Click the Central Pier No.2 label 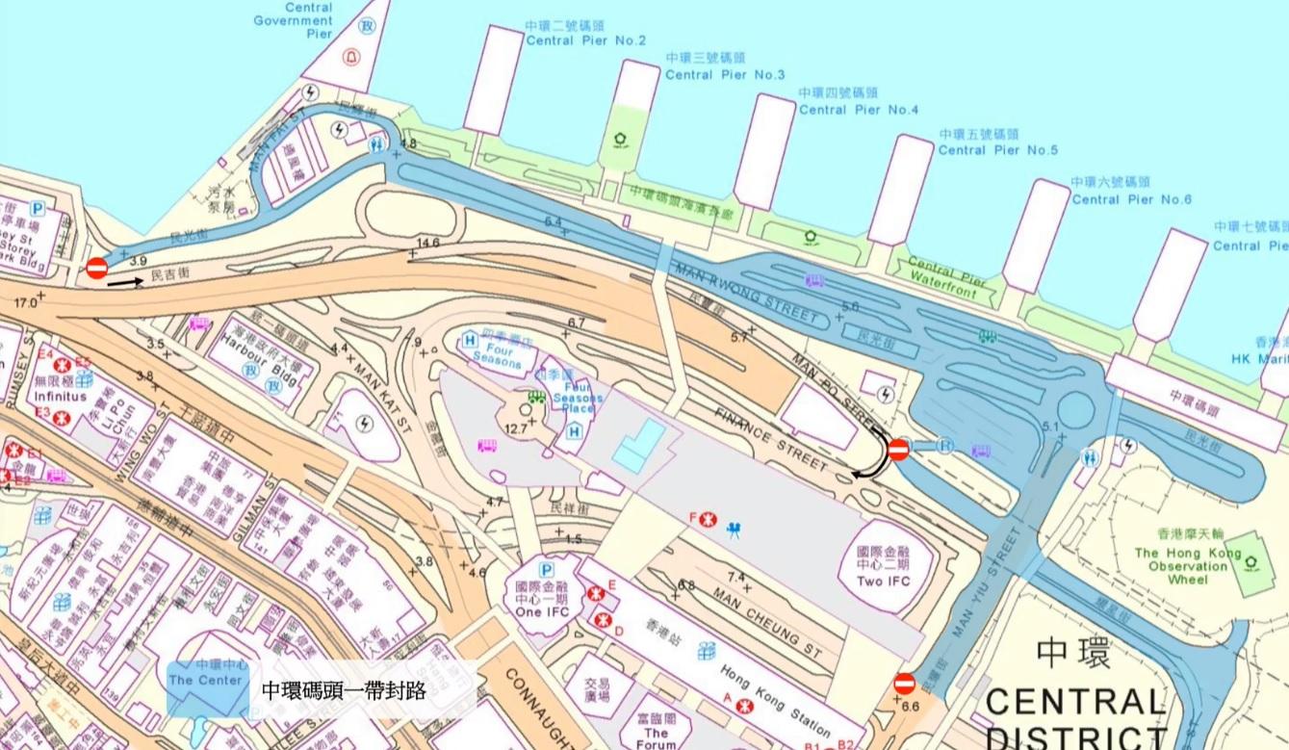coord(585,40)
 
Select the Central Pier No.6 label coord(1131,199)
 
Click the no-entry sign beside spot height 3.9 coord(97,269)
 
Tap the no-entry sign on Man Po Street coord(898,449)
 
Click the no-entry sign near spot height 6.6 coord(904,684)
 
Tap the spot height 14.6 coord(427,243)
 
